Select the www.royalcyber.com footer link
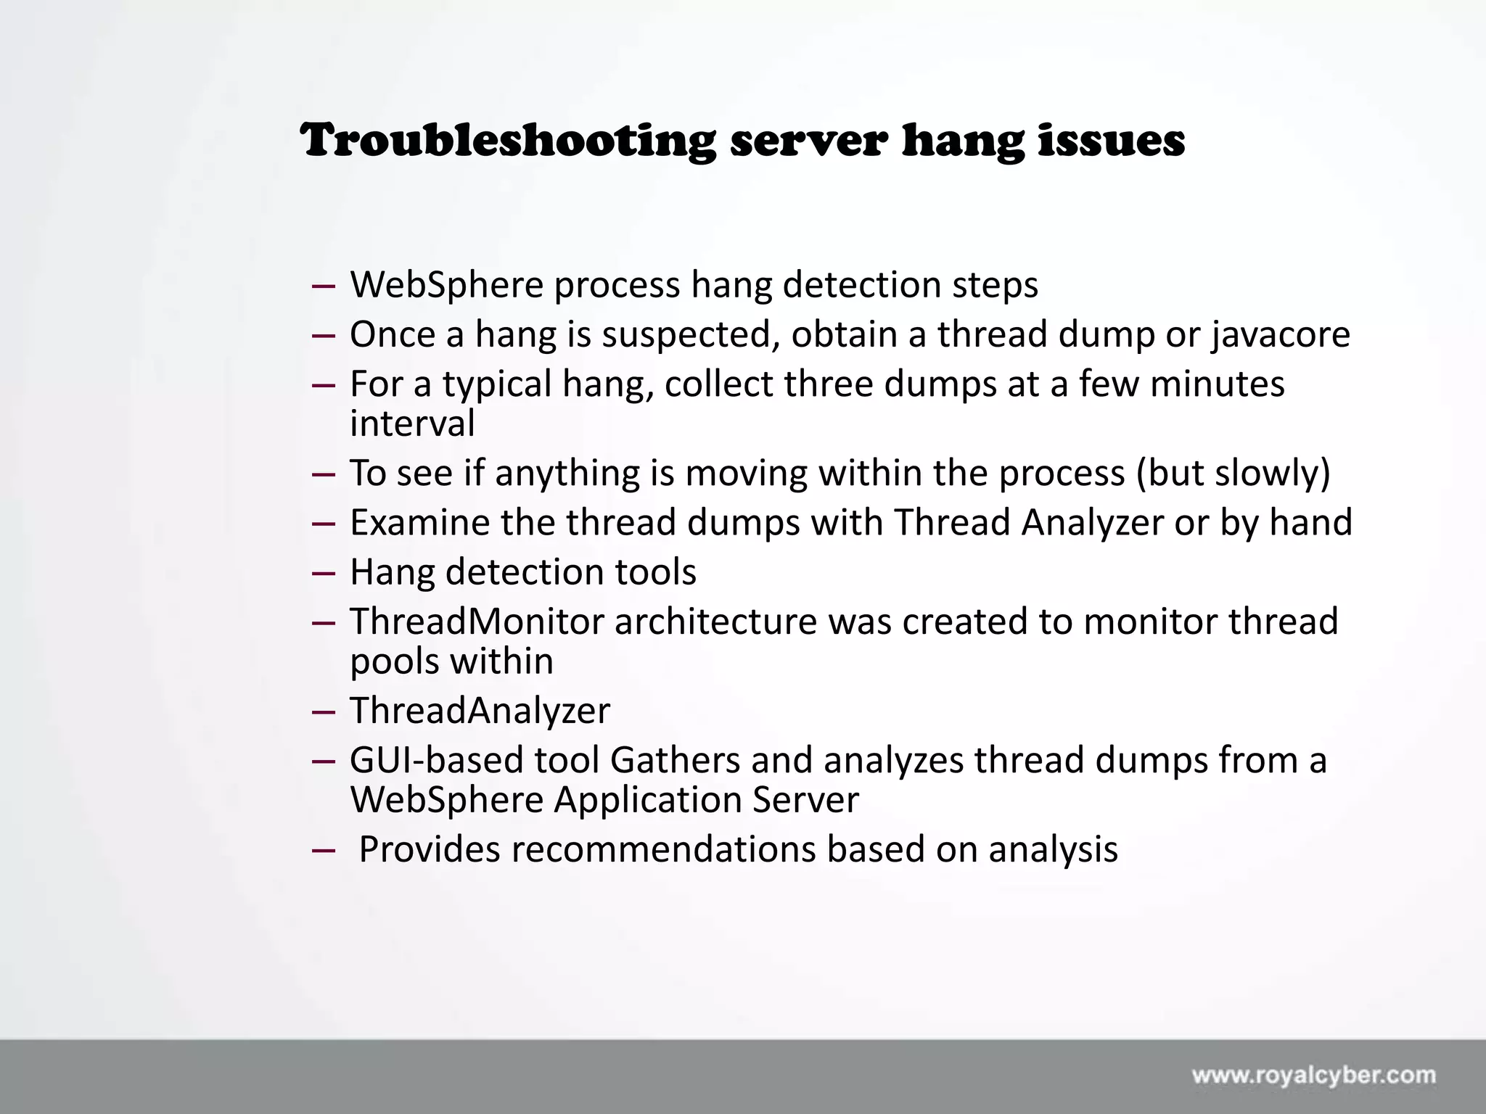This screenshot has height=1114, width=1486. coord(1313,1076)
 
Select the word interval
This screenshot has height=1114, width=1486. coord(412,424)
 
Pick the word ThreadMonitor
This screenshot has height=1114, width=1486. coord(477,622)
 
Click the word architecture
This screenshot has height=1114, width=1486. coord(715,622)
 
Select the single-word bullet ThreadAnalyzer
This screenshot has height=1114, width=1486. coord(480,711)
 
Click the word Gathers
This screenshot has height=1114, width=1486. coord(674,761)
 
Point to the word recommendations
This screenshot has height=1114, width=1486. coord(663,850)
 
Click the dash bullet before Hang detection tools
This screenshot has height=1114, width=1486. coord(323,573)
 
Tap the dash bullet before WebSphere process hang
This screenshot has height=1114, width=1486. coord(323,286)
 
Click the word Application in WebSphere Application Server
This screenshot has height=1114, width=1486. coord(647,801)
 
